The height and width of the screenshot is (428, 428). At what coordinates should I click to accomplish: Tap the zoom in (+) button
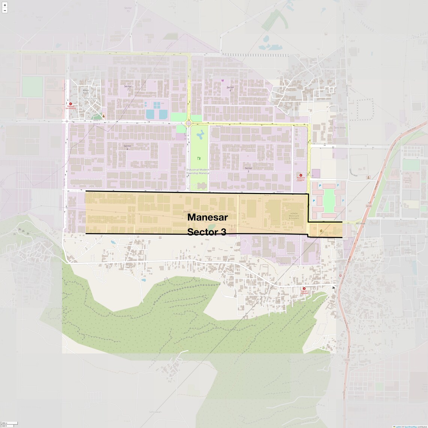pos(5,5)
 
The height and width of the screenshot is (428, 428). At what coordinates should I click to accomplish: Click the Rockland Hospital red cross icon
pos(300,175)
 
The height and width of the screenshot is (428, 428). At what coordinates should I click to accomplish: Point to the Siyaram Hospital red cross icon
pos(304,289)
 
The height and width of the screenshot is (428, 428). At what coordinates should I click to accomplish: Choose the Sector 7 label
pos(128,88)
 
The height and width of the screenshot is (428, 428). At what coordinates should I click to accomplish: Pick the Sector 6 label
pos(230,89)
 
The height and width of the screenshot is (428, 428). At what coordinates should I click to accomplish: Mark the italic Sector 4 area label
pos(127,147)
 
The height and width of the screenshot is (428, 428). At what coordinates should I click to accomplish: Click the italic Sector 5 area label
pos(248,170)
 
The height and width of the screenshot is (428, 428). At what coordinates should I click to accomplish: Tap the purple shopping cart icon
pos(223,80)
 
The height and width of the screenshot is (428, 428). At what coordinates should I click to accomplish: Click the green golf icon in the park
pos(199,159)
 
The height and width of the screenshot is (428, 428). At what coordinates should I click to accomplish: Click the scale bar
pos(9,424)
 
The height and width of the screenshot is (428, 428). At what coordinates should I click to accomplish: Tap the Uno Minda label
pos(340,128)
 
